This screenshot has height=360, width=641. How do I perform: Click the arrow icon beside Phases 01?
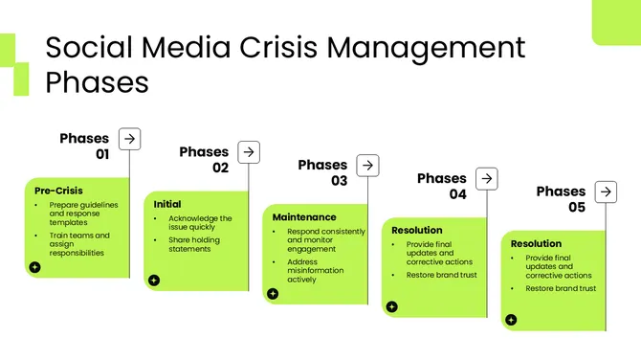(129, 139)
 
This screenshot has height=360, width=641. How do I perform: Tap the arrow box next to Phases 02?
(249, 152)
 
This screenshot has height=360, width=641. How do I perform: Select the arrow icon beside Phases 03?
(367, 166)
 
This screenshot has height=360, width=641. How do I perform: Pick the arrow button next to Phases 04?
(487, 179)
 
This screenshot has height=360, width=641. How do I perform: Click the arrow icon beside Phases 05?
(606, 192)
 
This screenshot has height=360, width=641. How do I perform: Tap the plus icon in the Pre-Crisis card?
(34, 267)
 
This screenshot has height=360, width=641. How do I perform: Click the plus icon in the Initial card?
(153, 281)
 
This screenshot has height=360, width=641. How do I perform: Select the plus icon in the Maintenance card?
(273, 294)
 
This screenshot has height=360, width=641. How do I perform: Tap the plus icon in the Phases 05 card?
(511, 320)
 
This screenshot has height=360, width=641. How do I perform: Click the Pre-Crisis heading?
(52, 191)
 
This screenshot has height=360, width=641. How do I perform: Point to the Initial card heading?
(167, 204)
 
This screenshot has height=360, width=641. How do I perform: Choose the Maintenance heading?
(304, 217)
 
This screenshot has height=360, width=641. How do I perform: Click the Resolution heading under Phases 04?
(417, 231)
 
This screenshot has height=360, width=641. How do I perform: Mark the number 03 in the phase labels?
(340, 180)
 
